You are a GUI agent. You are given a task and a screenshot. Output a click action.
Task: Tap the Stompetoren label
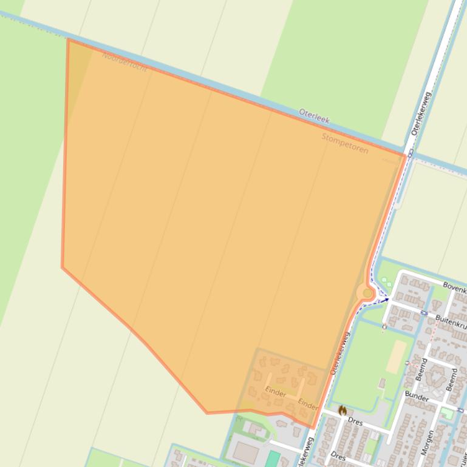[344, 143]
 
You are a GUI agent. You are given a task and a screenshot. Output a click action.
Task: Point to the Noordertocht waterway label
[124, 61]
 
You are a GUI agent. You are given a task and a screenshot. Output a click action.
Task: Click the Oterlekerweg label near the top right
[420, 113]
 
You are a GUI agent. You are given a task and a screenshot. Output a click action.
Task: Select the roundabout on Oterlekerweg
[367, 294]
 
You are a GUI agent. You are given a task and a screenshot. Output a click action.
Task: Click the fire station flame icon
[342, 411]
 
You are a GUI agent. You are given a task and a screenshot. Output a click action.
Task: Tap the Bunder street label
[417, 397]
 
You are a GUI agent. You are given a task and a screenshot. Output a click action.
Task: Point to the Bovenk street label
[454, 284]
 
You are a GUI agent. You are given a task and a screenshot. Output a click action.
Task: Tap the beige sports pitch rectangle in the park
[397, 356]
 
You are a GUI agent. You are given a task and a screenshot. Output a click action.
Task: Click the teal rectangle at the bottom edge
[273, 459]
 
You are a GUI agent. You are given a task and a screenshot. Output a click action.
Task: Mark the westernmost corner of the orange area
[62, 267]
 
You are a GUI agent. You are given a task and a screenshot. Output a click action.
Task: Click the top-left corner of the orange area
[68, 40]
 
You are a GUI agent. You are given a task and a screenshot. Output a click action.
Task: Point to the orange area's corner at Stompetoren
[405, 155]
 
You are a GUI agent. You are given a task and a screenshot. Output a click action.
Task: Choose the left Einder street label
[276, 393]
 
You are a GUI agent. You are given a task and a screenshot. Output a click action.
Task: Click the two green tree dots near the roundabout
[385, 282]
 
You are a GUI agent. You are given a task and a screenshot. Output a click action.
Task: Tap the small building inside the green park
[382, 383]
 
